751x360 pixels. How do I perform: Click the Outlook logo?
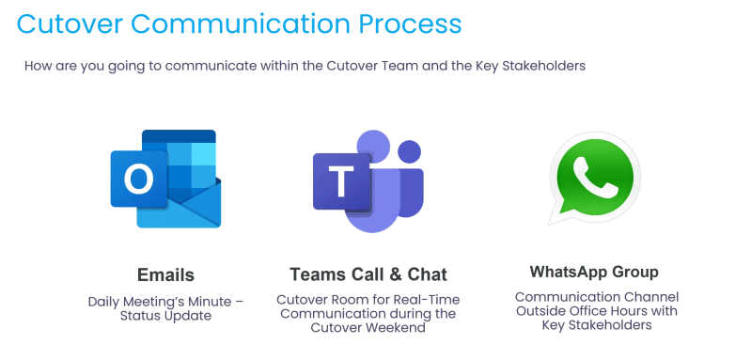165,179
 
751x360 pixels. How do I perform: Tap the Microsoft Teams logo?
368,180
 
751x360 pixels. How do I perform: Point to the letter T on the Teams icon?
338,181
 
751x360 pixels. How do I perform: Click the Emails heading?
166,274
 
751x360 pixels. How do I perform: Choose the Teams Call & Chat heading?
368,274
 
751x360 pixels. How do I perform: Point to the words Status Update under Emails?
166,316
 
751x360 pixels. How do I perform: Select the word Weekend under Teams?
399,329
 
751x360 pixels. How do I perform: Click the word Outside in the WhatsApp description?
539,311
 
